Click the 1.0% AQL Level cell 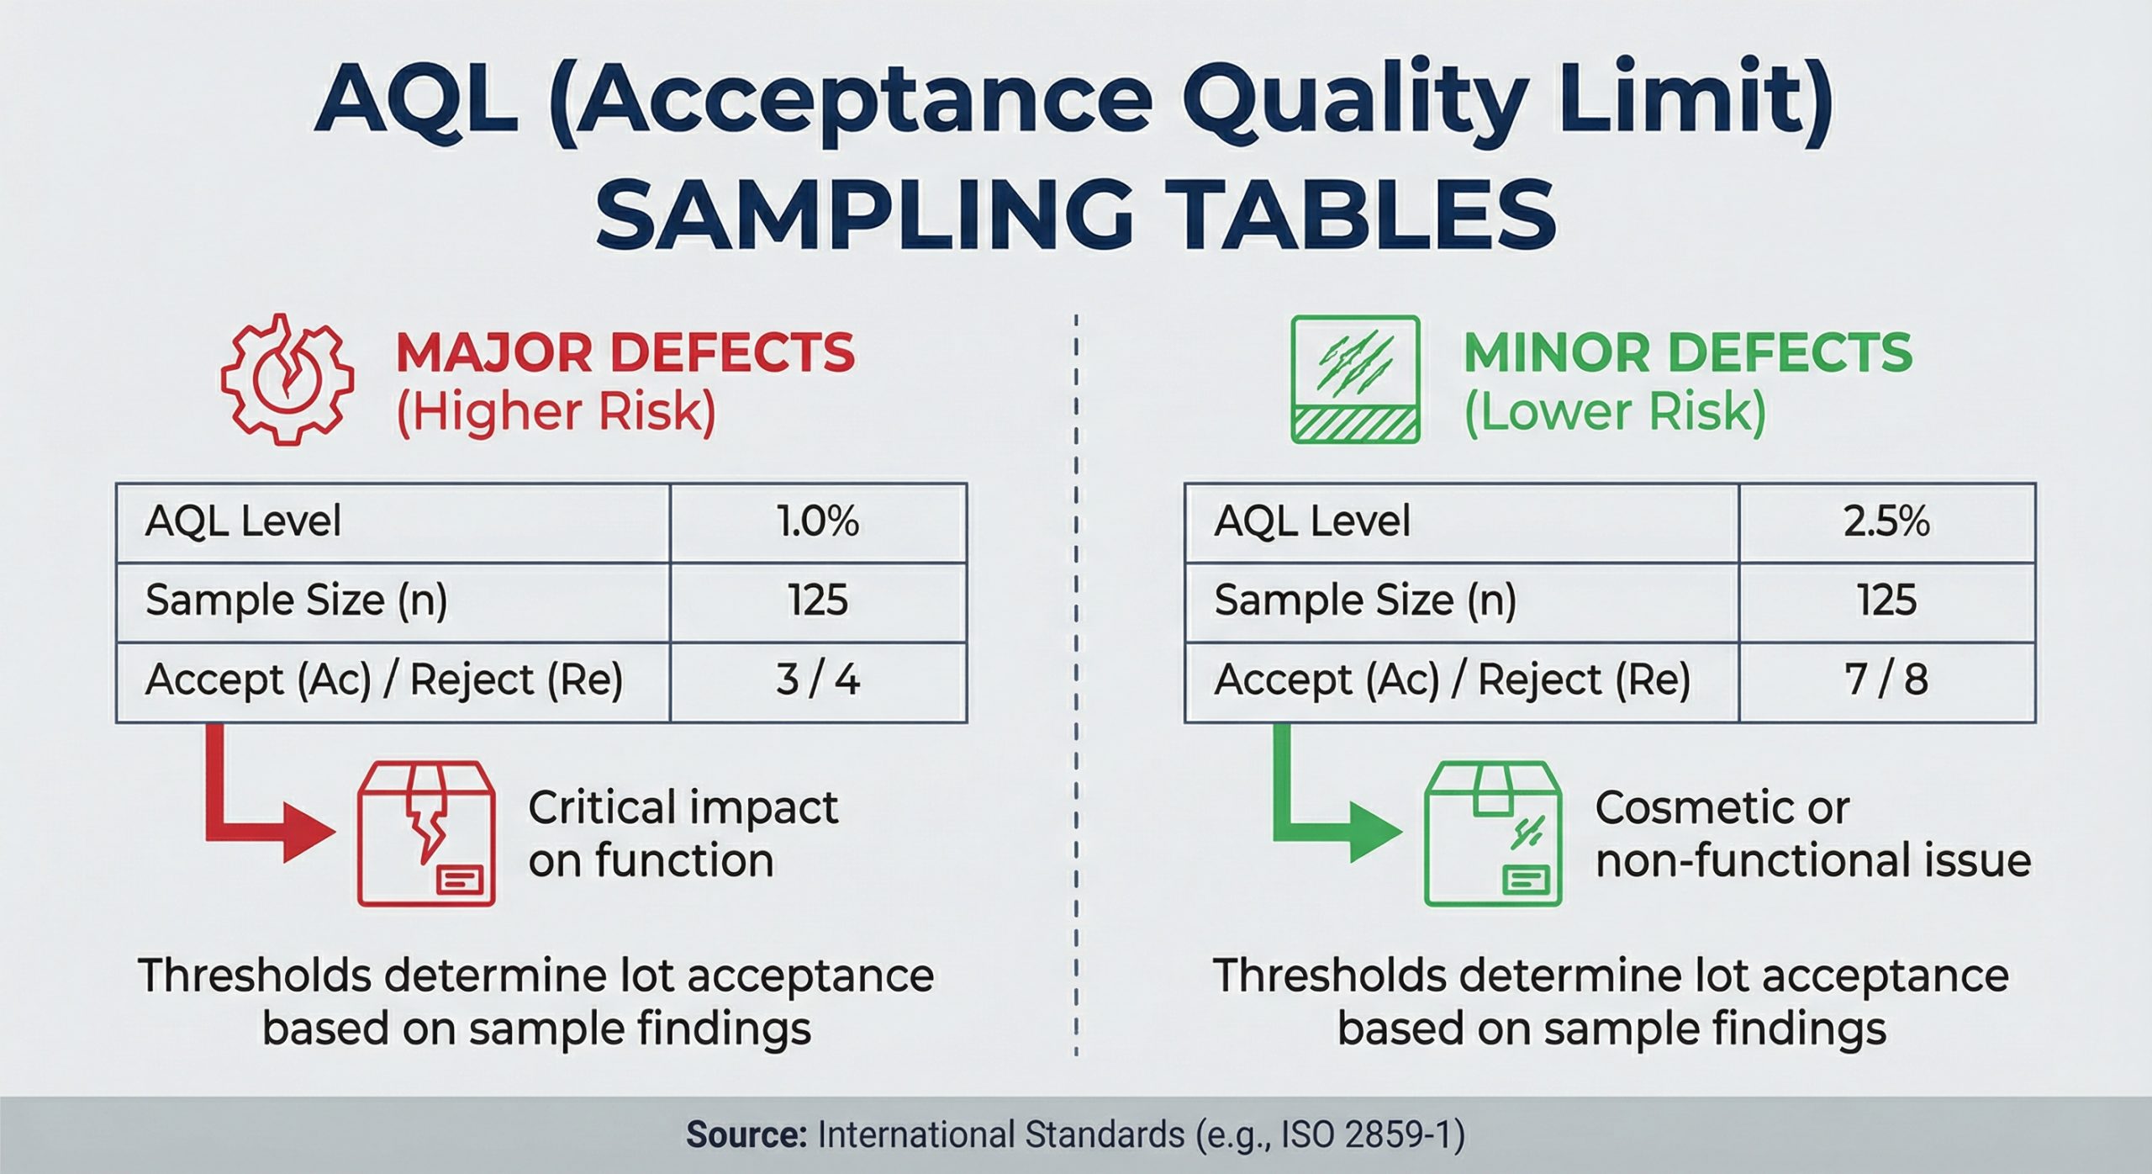(818, 522)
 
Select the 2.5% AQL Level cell (1886, 522)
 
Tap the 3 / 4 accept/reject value (818, 680)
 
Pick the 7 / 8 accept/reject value (1886, 680)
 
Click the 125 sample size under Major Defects (818, 600)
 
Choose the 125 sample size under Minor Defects (1886, 600)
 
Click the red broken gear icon (287, 380)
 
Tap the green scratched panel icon (1355, 379)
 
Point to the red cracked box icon (426, 834)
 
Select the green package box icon (1493, 834)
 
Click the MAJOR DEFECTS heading (625, 352)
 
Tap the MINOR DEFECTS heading (1688, 352)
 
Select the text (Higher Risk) (556, 413)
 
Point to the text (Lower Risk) (1615, 413)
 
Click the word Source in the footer (746, 1135)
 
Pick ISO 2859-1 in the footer (1367, 1135)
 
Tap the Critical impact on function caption (683, 834)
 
